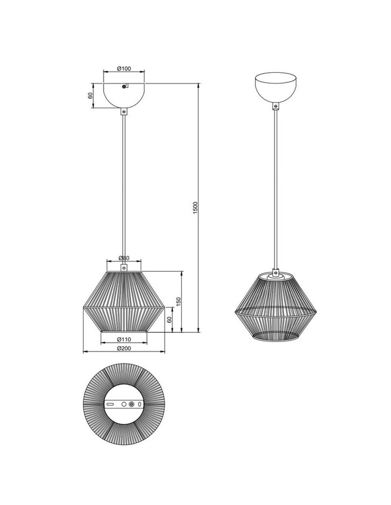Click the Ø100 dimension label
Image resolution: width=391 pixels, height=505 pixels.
click(x=124, y=69)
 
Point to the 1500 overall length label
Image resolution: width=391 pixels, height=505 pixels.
click(x=195, y=208)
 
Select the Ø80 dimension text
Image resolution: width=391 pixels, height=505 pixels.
click(x=124, y=258)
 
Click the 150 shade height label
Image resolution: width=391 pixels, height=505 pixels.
click(x=178, y=302)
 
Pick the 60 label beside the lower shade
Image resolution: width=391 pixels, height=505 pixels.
click(x=169, y=320)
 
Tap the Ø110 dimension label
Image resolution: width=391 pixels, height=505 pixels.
click(x=124, y=340)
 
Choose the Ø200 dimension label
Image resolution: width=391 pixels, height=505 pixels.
click(x=124, y=348)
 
